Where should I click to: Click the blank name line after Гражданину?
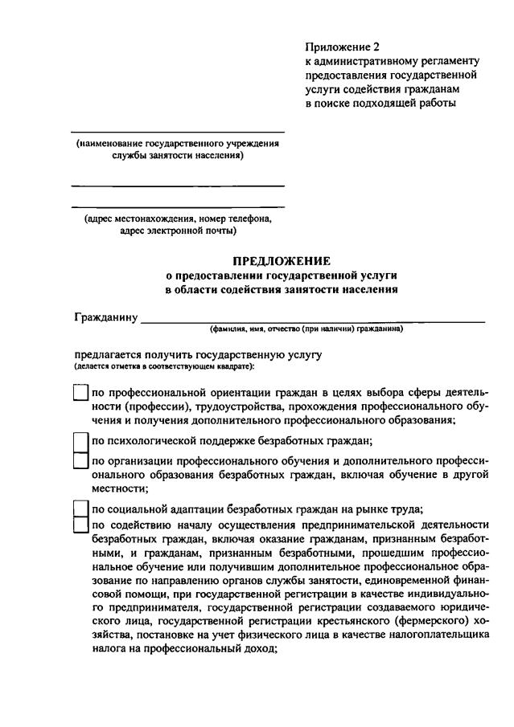click(313, 320)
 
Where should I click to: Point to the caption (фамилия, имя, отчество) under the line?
click(306, 329)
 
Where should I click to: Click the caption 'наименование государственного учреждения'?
click(178, 144)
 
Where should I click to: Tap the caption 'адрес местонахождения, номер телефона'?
click(178, 219)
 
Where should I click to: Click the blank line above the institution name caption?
click(178, 132)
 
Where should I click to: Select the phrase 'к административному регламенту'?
click(392, 61)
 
